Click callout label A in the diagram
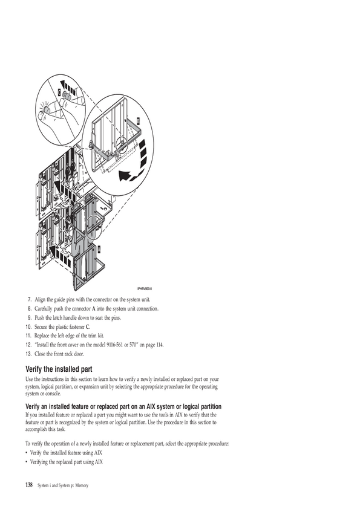99,249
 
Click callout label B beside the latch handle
138,121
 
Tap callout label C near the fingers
59,92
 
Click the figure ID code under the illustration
145,288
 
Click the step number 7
29,299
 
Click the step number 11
28,336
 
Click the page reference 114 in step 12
160,345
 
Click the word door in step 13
79,354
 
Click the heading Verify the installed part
59,369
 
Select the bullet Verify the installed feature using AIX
66,453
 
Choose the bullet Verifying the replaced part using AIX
67,462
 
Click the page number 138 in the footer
29,485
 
